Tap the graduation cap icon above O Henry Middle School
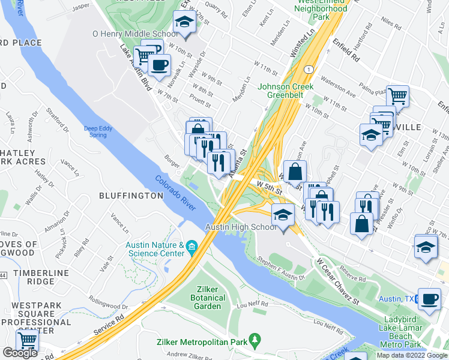point(184,24)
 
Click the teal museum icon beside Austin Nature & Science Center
point(191,245)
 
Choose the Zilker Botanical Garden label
point(208,302)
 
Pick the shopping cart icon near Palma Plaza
point(397,95)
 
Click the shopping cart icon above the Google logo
point(27,340)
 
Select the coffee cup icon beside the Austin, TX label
point(429,299)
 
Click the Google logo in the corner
point(20,353)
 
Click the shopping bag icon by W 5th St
point(295,171)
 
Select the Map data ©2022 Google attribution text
point(411,355)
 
